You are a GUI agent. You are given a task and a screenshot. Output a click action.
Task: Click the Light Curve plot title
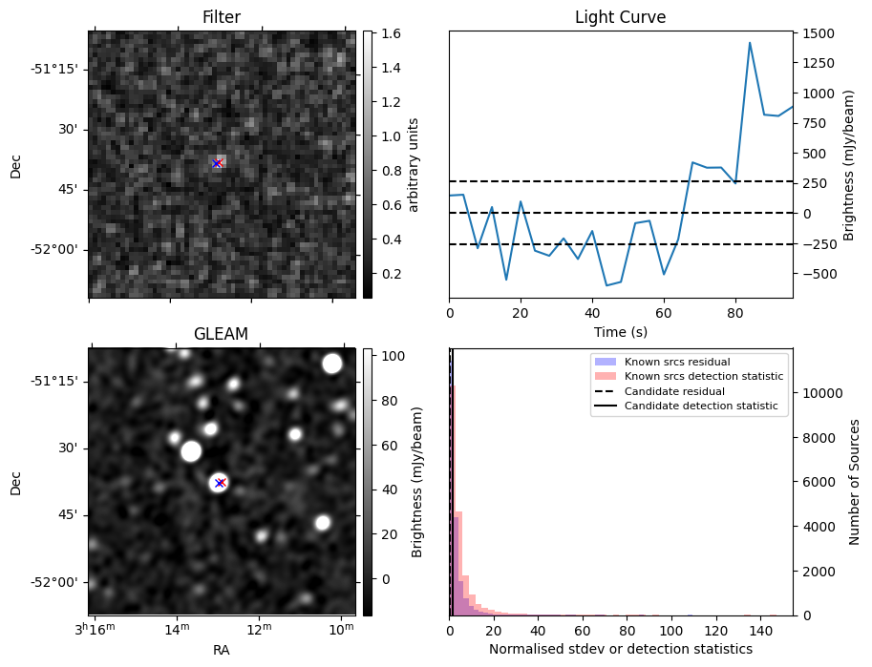(620, 17)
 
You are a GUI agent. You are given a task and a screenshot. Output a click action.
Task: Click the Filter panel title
(222, 17)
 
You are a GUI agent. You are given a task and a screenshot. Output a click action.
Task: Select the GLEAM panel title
(222, 334)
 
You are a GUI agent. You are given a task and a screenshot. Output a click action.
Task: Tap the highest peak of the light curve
(750, 43)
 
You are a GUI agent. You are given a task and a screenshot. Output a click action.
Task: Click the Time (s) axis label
(620, 332)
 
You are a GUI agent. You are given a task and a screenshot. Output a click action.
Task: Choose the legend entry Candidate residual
(674, 391)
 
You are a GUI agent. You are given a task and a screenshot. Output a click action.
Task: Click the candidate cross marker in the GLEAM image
(220, 483)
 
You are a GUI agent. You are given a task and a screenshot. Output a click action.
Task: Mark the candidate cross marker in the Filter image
(217, 163)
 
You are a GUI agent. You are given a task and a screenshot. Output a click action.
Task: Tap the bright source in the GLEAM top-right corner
(331, 364)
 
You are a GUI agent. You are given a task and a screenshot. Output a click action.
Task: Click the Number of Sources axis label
(855, 482)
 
